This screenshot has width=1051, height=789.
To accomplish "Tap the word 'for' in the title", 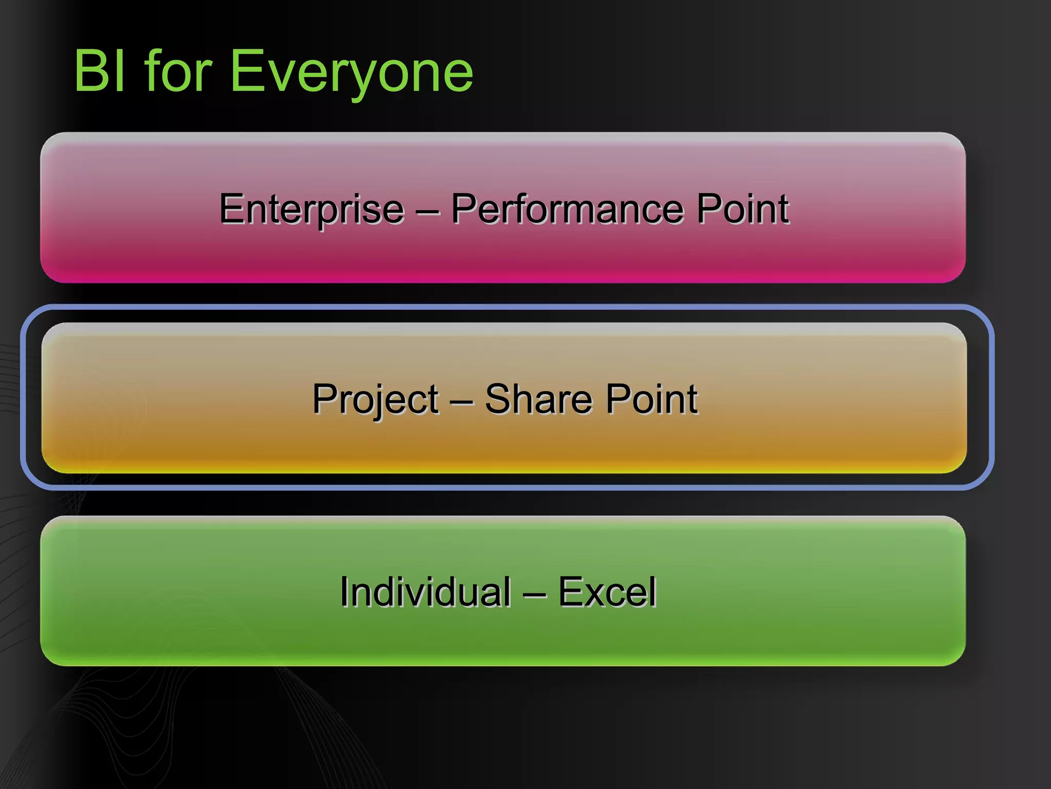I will pyautogui.click(x=178, y=71).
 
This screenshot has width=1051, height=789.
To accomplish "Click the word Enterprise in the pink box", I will pyautogui.click(x=312, y=209).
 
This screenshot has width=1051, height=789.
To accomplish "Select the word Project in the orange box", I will pyautogui.click(x=375, y=400).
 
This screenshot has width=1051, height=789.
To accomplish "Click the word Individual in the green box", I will pyautogui.click(x=425, y=592).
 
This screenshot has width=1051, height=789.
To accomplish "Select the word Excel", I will pyautogui.click(x=607, y=592).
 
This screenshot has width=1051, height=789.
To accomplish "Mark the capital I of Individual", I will pyautogui.click(x=344, y=592).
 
